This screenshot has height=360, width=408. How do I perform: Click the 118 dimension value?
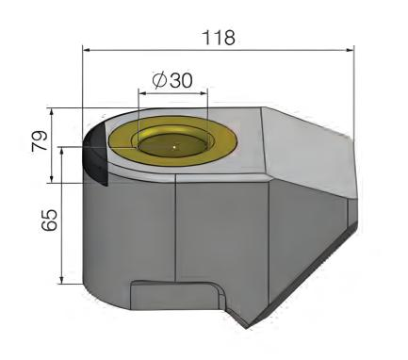click(219, 38)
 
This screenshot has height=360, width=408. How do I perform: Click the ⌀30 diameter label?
click(172, 81)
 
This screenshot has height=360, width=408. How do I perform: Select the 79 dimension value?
click(41, 141)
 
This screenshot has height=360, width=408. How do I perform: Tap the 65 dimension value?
click(49, 220)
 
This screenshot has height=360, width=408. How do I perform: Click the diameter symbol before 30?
click(159, 81)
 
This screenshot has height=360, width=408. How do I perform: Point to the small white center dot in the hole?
click(174, 146)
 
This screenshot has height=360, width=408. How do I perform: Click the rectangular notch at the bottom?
click(174, 296)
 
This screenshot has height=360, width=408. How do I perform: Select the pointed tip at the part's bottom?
click(247, 328)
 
